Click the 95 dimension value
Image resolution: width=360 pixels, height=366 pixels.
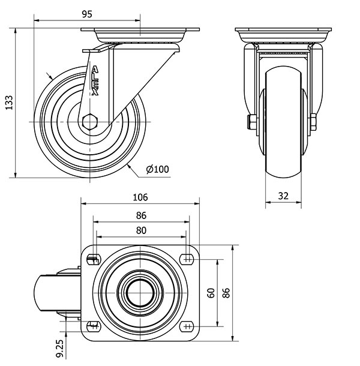pyautogui.click(x=87, y=14)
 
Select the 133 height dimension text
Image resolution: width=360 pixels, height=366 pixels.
pyautogui.click(x=10, y=103)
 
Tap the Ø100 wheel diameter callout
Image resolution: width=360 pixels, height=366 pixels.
pyautogui.click(x=157, y=169)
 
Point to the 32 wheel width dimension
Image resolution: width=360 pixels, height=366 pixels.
pyautogui.click(x=283, y=196)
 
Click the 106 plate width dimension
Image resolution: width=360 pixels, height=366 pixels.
pyautogui.click(x=140, y=197)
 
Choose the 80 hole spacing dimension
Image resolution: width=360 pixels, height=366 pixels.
pyautogui.click(x=141, y=230)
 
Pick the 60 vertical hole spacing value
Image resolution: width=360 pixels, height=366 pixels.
pyautogui.click(x=211, y=293)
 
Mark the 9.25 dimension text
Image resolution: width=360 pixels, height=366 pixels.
pyautogui.click(x=60, y=348)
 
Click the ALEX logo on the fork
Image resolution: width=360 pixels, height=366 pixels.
pyautogui.click(x=95, y=81)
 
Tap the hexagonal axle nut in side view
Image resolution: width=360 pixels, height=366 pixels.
pyautogui.click(x=89, y=122)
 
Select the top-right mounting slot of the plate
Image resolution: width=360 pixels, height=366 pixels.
pyautogui.click(x=187, y=259)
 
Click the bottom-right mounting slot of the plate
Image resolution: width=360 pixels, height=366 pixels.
pyautogui.click(x=187, y=326)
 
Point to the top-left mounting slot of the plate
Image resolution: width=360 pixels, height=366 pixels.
pyautogui.click(x=94, y=259)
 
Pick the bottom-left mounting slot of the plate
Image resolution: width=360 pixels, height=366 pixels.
pyautogui.click(x=94, y=326)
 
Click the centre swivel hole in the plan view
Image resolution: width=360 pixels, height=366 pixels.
pyautogui.click(x=140, y=293)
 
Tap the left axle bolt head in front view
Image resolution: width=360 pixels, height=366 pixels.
pyautogui.click(x=251, y=122)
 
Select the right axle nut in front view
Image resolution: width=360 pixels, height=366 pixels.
pyautogui.click(x=313, y=122)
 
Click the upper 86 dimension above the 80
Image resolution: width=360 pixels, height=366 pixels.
pyautogui.click(x=141, y=215)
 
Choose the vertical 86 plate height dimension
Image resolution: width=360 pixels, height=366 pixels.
pyautogui.click(x=226, y=293)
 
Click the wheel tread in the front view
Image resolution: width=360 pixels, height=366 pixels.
pyautogui.click(x=283, y=122)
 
